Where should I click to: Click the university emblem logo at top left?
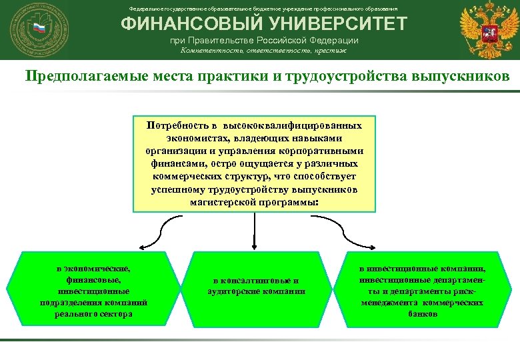point(34,29)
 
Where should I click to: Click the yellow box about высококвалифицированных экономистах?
point(254,165)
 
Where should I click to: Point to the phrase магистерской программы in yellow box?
point(254,202)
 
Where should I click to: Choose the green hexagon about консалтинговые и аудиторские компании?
point(255,286)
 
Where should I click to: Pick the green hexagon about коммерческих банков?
point(422,291)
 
